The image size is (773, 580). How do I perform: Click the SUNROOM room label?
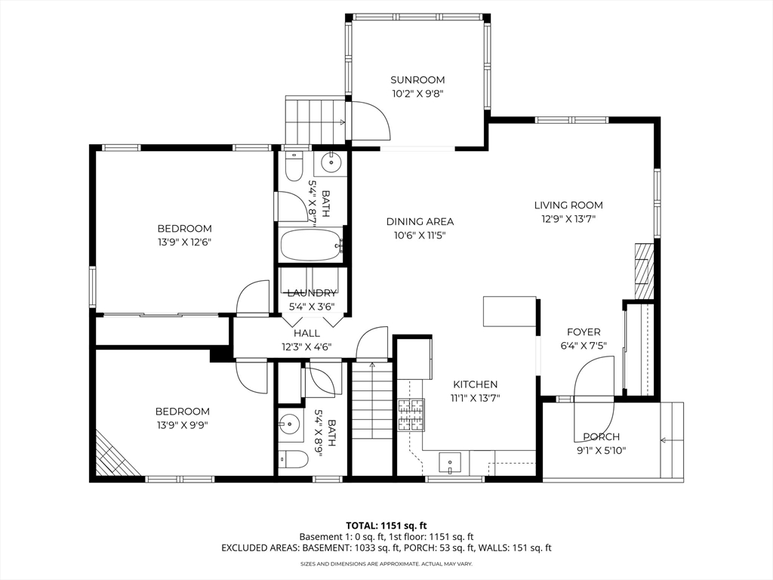(x=417, y=80)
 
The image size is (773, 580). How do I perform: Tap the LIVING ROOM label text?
(x=568, y=205)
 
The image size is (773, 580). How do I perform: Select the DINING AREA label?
(x=420, y=222)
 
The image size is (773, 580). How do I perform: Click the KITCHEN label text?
(x=476, y=384)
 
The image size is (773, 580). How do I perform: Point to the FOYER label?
(x=584, y=332)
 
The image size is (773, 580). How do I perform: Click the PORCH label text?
(x=602, y=437)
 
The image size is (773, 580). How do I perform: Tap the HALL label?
(x=306, y=333)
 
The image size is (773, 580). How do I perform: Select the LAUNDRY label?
(x=312, y=293)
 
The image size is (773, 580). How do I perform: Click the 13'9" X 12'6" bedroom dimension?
(x=184, y=242)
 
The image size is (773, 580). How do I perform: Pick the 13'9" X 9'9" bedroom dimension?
(x=183, y=425)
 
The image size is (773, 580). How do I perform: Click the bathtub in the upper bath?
(x=311, y=245)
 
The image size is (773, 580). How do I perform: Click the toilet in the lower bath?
(x=293, y=460)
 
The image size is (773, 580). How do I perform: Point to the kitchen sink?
(x=450, y=464)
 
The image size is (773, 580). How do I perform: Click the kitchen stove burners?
(x=411, y=415)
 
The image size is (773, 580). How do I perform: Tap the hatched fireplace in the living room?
(x=643, y=270)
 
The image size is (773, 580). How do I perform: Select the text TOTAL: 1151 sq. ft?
(x=386, y=526)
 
